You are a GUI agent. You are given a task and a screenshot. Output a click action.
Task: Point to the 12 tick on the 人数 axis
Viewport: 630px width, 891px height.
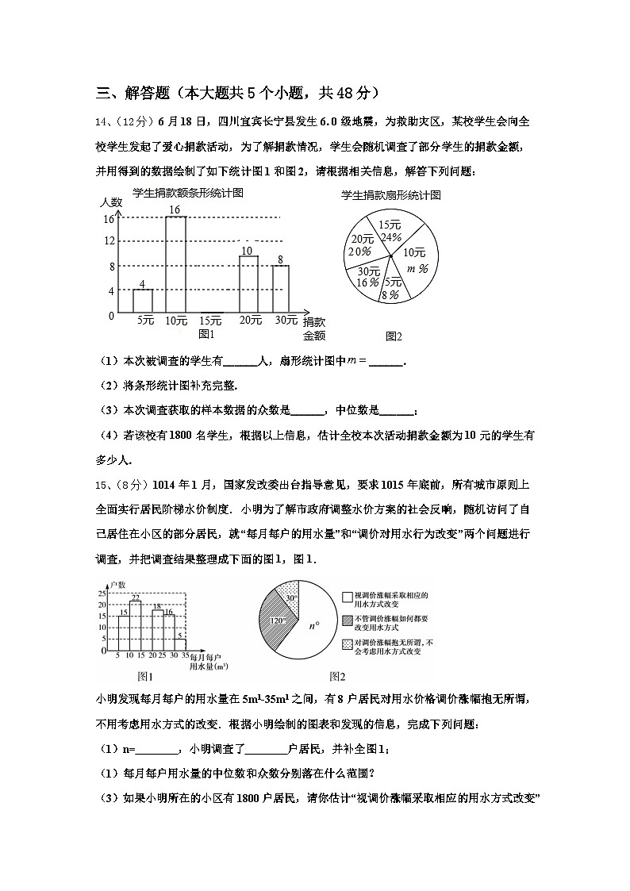110,241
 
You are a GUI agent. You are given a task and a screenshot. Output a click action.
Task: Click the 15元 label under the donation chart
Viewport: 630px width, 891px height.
210,321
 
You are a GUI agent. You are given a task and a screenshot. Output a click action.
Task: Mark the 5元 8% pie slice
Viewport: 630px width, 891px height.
391,286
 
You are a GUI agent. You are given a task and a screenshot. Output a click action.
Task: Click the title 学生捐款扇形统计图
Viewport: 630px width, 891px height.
390,195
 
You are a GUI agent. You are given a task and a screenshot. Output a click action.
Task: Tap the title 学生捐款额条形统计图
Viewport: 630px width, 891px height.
188,193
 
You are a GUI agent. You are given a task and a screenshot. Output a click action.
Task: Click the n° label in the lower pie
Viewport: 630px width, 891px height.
314,625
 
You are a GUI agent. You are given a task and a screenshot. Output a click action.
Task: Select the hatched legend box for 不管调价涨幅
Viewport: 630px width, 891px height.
348,620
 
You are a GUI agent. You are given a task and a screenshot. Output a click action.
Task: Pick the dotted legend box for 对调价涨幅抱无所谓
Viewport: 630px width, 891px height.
348,646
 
